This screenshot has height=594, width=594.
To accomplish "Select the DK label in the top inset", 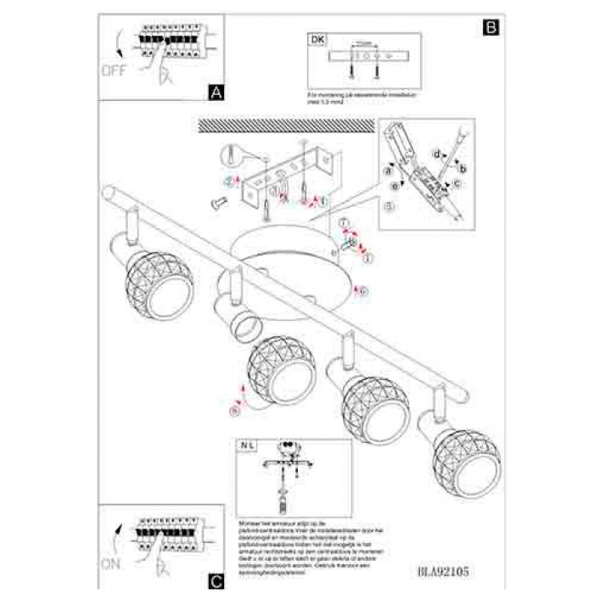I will pos(317,39).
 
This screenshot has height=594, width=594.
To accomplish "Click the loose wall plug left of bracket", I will pos(217,201).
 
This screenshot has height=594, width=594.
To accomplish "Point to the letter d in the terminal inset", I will pos(435,154).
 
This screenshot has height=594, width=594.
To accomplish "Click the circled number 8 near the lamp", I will pos(235,411).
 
